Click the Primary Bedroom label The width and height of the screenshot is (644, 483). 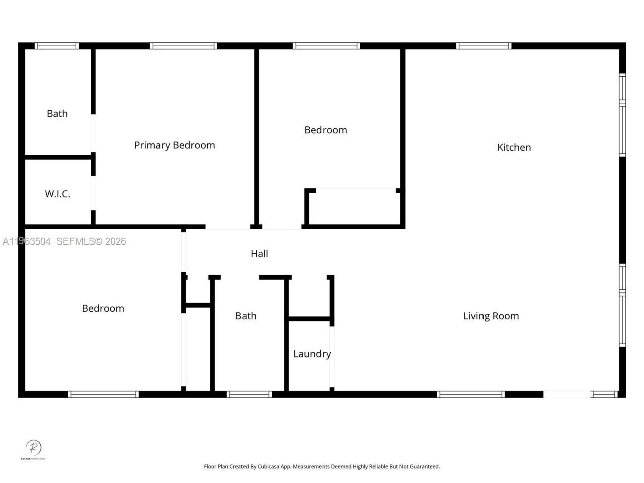(x=175, y=145)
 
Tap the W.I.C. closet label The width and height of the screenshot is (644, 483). (x=57, y=194)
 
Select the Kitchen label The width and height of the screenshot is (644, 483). (x=514, y=147)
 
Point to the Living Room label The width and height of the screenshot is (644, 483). (x=491, y=316)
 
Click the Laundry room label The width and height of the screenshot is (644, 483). (x=312, y=354)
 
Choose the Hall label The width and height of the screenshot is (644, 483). (x=259, y=254)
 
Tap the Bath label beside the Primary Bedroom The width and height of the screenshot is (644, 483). (x=57, y=114)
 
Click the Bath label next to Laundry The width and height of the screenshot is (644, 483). (x=246, y=316)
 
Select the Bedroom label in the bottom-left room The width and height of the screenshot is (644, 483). (x=103, y=308)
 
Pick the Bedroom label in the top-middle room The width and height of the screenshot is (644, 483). (x=326, y=130)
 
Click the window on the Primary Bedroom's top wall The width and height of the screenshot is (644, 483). (x=184, y=46)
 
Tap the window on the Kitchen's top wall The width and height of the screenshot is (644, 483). (x=484, y=46)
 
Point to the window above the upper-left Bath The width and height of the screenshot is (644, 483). (x=57, y=46)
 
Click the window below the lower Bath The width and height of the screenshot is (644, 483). (x=250, y=394)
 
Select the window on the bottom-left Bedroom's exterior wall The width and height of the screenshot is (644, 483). (x=103, y=394)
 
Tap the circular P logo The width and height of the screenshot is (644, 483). (x=33, y=447)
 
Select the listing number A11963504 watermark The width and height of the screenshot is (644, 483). (x=26, y=242)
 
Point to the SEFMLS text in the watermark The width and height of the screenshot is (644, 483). (x=75, y=242)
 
